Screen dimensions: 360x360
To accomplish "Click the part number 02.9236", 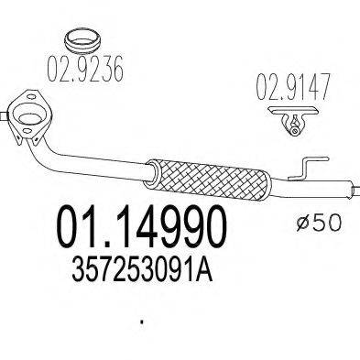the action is (85, 69).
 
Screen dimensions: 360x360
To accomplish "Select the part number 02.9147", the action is (293, 87).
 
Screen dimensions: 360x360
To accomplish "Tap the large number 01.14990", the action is (142, 226).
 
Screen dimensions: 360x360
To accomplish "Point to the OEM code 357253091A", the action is (142, 269).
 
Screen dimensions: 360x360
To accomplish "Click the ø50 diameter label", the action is (318, 222).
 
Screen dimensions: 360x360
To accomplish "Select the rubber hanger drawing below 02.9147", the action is (292, 120).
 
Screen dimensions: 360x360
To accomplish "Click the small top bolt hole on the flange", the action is (31, 97).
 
